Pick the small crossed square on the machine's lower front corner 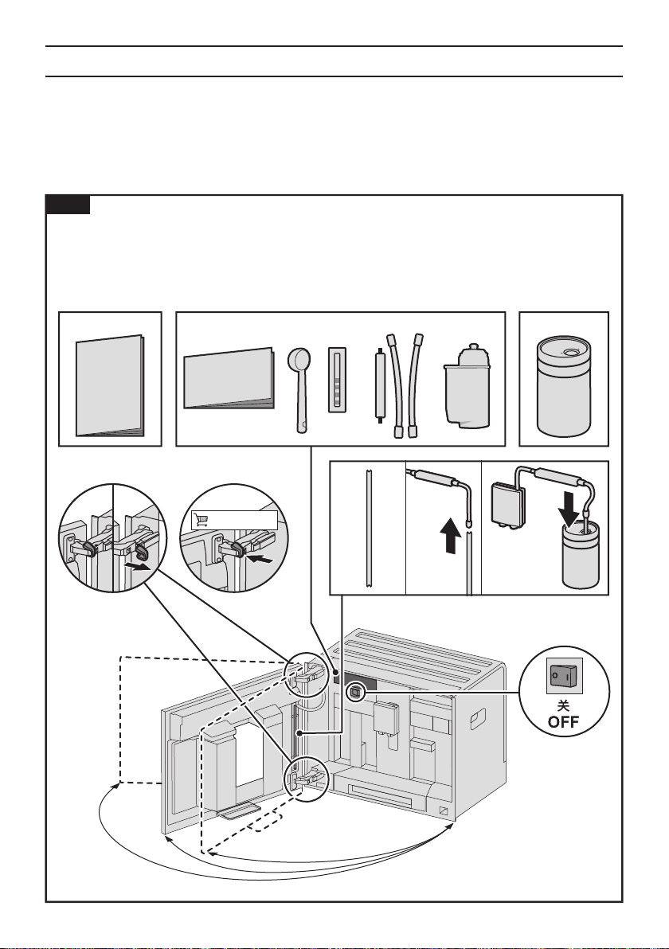tap(444, 811)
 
